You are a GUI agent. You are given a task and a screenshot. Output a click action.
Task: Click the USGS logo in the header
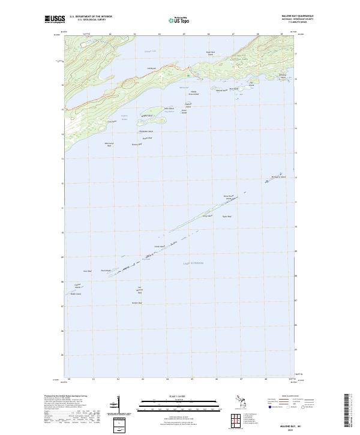coord(54,20)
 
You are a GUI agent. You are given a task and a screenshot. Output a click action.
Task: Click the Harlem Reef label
coord(137,302)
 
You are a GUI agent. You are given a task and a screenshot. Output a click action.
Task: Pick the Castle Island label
coord(160,246)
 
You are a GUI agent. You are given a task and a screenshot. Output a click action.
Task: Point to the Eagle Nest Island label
coord(210,70)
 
